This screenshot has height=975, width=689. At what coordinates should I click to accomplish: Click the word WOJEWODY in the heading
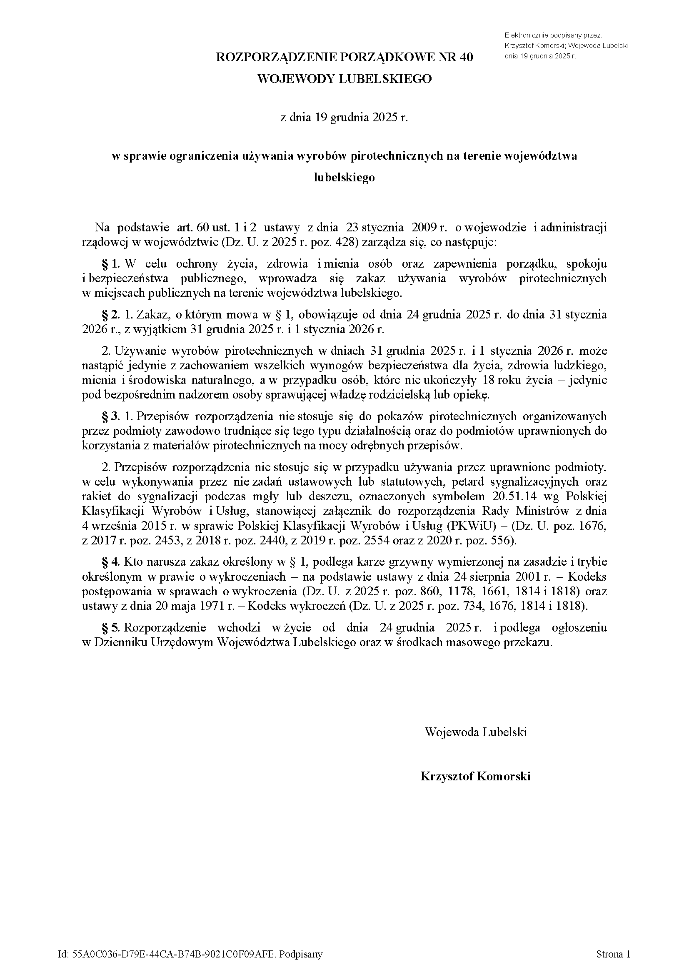tap(295, 79)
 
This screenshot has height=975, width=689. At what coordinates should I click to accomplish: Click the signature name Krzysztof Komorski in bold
tap(475, 776)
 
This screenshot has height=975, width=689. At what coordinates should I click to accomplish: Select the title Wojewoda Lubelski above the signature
tap(475, 732)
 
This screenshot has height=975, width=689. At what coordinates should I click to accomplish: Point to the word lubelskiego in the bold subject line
tap(344, 177)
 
